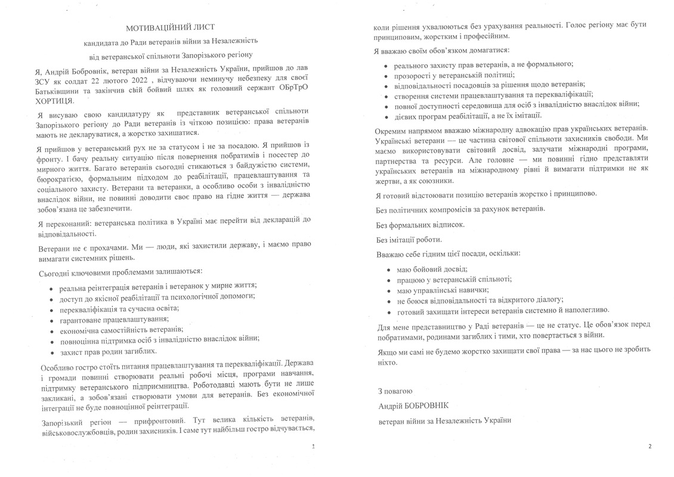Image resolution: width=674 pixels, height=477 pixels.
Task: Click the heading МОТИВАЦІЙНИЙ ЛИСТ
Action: pyautogui.click(x=169, y=27)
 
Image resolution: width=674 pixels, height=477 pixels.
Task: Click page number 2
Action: pyautogui.click(x=650, y=446)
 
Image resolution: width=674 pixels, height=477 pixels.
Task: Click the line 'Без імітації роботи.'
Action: pyautogui.click(x=409, y=239)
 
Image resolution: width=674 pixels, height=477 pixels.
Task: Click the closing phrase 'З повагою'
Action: pyautogui.click(x=395, y=391)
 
